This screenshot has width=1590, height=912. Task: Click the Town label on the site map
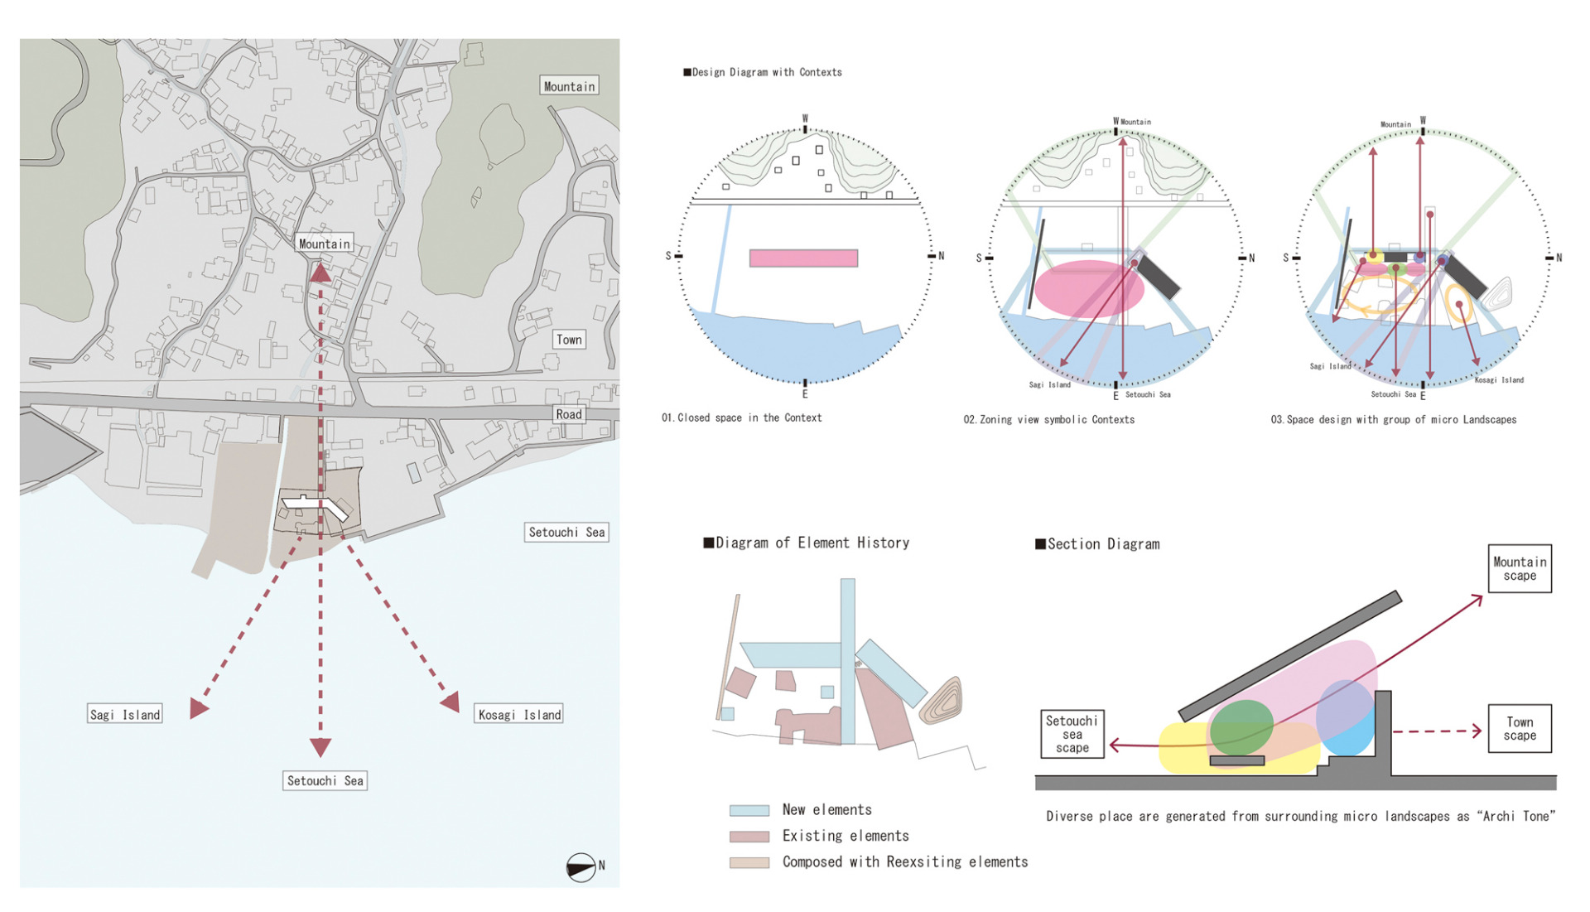coord(569,340)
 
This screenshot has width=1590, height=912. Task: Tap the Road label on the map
coord(569,414)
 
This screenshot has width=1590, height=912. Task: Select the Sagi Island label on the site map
coord(125,715)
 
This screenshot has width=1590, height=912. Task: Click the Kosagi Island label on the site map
coord(519,715)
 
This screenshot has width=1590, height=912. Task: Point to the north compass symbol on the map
coord(581,867)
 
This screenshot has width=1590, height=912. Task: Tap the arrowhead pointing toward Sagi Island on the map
coord(198,708)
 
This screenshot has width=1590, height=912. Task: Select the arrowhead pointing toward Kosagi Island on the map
coord(451,703)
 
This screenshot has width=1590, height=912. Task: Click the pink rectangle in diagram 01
coord(803,258)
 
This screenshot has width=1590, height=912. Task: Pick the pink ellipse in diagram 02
coord(1088,289)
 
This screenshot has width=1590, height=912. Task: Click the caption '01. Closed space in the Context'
coord(742,418)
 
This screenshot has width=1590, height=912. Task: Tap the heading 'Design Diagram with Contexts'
coord(763,73)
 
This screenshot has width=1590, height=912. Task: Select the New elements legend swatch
coord(749,811)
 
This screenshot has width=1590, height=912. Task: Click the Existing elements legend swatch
coord(749,837)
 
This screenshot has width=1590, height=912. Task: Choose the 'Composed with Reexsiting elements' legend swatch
coord(749,862)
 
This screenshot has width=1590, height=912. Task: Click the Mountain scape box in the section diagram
coord(1520,569)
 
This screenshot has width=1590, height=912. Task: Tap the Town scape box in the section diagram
coord(1520,729)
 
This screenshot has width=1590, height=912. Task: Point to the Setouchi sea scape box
coord(1072,735)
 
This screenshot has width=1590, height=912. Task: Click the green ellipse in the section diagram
coord(1241,726)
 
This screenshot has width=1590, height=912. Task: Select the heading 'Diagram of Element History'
coord(807,543)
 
